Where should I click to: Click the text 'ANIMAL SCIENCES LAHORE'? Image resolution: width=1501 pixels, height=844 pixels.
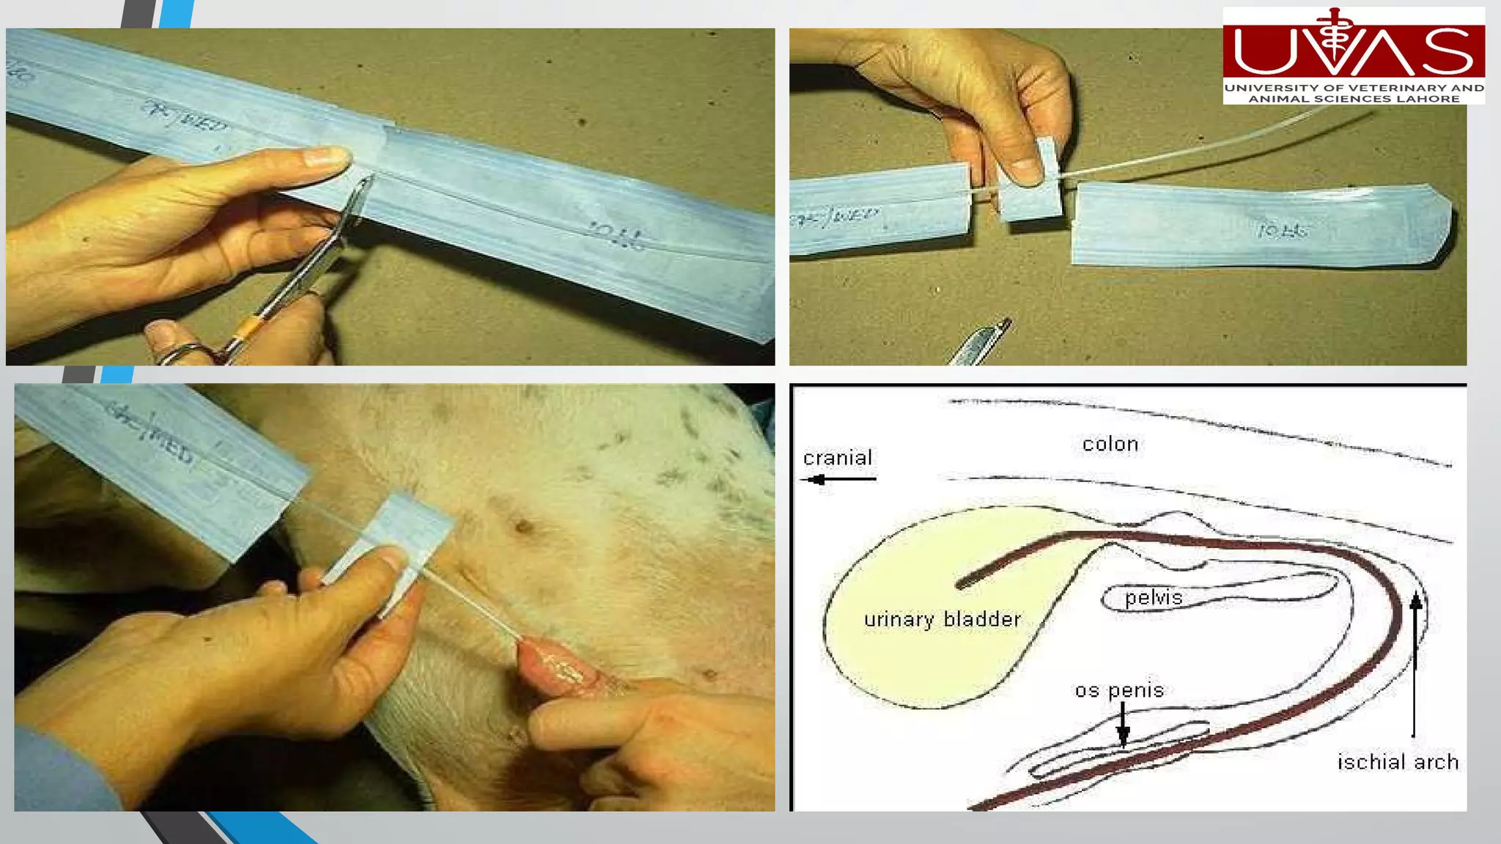(x=1354, y=99)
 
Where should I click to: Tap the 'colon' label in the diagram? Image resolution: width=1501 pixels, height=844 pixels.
(x=1110, y=444)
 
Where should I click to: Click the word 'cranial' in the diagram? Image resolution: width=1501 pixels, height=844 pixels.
(x=837, y=459)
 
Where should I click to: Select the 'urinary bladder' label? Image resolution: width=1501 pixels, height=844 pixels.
(x=942, y=620)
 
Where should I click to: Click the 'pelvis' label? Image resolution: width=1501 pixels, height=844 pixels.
(x=1153, y=599)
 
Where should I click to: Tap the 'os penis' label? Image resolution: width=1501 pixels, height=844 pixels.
(x=1119, y=690)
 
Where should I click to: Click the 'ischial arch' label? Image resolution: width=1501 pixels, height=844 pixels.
(x=1398, y=763)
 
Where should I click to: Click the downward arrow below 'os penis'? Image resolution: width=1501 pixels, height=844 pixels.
(x=1123, y=725)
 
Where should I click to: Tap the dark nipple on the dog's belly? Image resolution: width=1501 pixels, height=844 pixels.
(x=523, y=526)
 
